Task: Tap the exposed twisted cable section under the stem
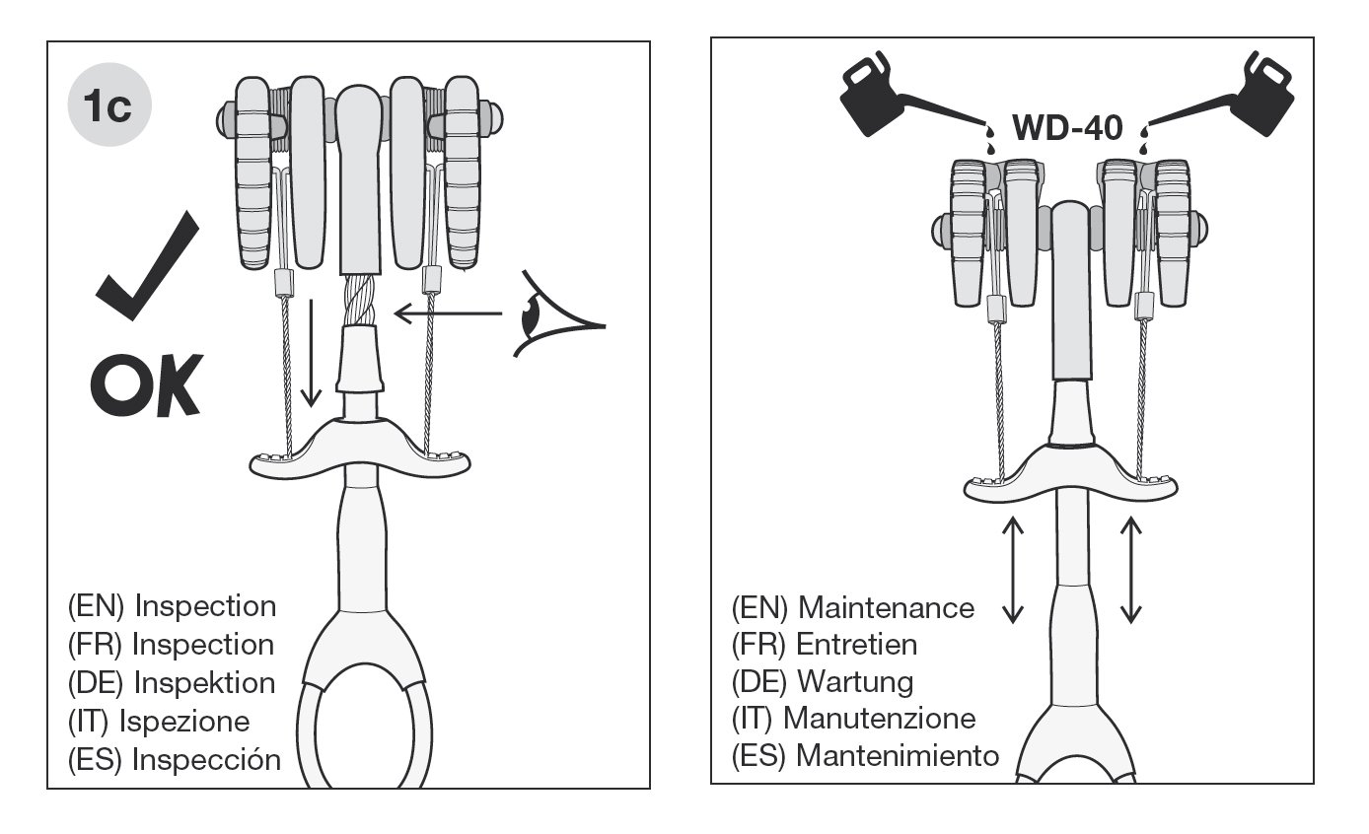(x=359, y=301)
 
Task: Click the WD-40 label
(x=1067, y=128)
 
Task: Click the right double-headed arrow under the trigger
(x=1130, y=570)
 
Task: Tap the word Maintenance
(x=885, y=607)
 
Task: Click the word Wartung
(x=854, y=681)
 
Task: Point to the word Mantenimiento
(x=897, y=756)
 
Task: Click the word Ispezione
(x=183, y=721)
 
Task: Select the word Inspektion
(x=203, y=682)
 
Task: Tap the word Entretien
(x=856, y=645)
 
